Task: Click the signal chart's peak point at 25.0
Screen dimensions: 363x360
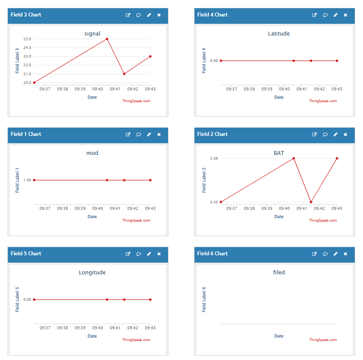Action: click(107, 39)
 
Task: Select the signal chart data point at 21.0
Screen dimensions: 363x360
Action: click(124, 74)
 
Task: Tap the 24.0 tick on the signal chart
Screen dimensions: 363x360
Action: click(27, 48)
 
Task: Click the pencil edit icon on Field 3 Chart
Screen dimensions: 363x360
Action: click(149, 15)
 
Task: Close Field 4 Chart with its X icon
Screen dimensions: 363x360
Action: click(345, 15)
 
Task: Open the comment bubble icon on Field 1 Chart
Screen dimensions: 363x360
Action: click(139, 134)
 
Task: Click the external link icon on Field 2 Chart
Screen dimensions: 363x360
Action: click(314, 134)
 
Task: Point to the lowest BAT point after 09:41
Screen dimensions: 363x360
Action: click(311, 202)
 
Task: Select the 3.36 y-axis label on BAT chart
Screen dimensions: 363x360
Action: click(214, 158)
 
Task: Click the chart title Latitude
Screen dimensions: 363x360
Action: click(279, 33)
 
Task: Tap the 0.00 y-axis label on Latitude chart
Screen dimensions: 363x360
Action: click(214, 61)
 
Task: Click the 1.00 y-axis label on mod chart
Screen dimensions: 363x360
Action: click(27, 180)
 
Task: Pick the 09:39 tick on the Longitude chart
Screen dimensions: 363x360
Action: click(80, 328)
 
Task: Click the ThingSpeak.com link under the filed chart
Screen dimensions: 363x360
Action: click(323, 340)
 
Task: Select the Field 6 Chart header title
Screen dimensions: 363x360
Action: click(213, 254)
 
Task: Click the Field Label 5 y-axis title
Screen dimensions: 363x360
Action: click(17, 299)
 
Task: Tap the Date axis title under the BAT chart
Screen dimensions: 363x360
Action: click(279, 217)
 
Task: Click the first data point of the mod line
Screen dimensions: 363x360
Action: click(34, 180)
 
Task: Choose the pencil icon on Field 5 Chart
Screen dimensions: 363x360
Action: click(149, 254)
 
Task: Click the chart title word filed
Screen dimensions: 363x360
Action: click(279, 272)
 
